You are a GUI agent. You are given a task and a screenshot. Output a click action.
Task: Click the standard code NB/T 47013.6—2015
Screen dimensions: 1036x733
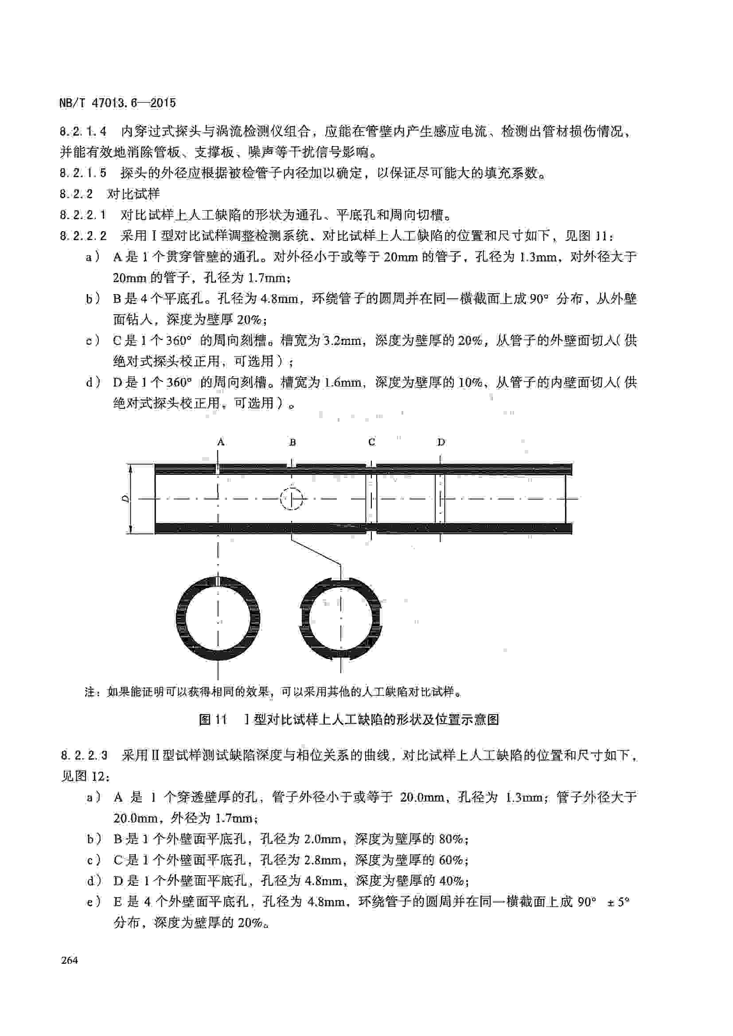coord(117,103)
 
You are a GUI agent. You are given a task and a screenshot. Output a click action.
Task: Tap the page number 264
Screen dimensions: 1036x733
coord(70,960)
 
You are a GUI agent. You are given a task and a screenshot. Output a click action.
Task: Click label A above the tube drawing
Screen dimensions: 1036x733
coord(221,442)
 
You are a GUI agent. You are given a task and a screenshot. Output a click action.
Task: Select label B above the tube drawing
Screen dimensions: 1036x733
coord(292,442)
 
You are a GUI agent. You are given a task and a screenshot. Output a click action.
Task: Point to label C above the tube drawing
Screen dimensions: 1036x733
coord(371,442)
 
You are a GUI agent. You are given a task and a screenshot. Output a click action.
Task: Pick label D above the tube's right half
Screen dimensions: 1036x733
coord(441,442)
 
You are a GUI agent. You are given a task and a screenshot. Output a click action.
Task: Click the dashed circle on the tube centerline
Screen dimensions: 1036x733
coord(292,499)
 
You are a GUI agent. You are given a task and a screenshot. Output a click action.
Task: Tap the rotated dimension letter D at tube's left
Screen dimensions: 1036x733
coord(126,499)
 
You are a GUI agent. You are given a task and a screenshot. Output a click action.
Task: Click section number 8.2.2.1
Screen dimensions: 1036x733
coord(83,215)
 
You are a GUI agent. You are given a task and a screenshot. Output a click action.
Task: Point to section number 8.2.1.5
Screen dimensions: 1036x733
coord(83,173)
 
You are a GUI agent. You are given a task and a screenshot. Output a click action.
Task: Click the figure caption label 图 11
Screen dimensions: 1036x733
coord(213,719)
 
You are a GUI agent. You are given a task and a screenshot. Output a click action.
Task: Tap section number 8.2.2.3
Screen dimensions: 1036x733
coord(84,755)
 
